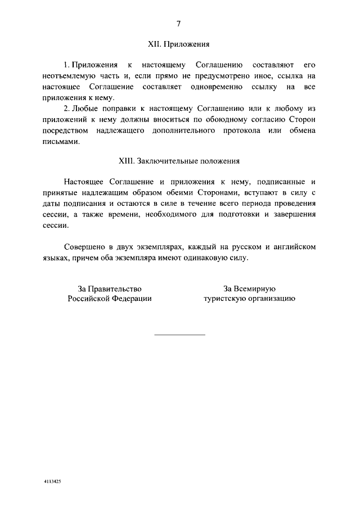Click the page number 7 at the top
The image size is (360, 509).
[179, 24]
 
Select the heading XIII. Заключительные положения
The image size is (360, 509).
[179, 161]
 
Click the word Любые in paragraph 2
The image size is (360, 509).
[88, 108]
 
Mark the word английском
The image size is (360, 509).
[293, 246]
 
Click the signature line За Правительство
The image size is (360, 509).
[110, 288]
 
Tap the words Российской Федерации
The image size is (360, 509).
[110, 299]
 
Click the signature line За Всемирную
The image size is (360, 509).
[249, 288]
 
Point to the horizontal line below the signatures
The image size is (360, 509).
[179, 335]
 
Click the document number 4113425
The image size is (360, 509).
[53, 483]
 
